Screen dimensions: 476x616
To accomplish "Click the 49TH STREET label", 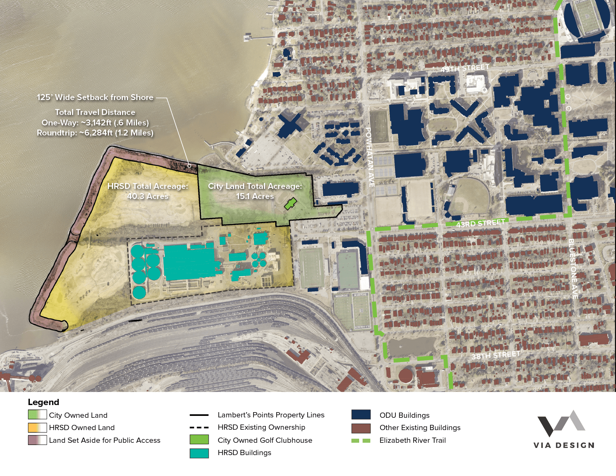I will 465,68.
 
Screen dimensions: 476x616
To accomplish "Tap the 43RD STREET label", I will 480,223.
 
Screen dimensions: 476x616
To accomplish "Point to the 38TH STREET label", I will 495,355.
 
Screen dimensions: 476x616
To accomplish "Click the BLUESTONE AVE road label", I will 573,268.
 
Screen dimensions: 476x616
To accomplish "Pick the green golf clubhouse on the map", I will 290,204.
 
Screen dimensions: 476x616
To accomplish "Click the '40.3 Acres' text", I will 148,196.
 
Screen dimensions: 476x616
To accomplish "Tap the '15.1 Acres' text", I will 255,196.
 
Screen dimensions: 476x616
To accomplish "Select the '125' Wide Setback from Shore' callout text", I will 95,97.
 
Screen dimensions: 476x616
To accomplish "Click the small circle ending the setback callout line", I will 189,166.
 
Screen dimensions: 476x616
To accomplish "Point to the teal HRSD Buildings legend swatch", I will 199,453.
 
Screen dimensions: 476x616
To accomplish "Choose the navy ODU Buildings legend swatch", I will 361,415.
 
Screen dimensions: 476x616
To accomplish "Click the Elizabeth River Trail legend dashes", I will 361,441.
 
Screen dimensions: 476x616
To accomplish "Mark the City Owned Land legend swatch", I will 37,415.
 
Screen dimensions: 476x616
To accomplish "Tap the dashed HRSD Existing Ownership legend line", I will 199,427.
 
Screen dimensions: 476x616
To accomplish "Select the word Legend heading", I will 43,402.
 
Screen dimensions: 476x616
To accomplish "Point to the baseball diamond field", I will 470,197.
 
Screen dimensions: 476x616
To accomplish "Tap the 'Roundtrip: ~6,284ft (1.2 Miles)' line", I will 95,133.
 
